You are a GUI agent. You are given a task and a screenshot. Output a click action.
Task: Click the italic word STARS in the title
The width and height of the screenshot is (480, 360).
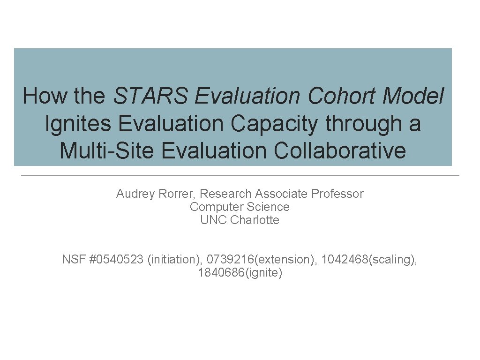click(151, 96)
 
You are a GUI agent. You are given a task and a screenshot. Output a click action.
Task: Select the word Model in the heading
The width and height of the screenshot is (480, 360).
click(413, 96)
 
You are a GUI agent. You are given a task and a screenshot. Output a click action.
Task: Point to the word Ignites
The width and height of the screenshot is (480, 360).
click(78, 124)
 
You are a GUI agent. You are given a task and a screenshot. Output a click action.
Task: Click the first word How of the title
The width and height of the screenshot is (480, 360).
click(40, 96)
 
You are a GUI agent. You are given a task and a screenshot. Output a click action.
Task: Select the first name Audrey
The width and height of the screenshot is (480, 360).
click(134, 194)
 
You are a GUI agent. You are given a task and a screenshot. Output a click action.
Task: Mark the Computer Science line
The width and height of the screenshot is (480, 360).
click(240, 207)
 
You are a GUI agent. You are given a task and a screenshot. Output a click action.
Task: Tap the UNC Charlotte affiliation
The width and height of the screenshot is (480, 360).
click(240, 220)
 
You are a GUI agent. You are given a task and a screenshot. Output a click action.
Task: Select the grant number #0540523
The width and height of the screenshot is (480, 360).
click(116, 259)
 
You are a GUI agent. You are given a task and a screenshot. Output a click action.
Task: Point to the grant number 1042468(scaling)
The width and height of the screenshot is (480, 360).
click(369, 259)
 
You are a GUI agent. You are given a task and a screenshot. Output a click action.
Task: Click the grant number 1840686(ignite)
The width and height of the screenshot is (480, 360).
click(240, 272)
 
